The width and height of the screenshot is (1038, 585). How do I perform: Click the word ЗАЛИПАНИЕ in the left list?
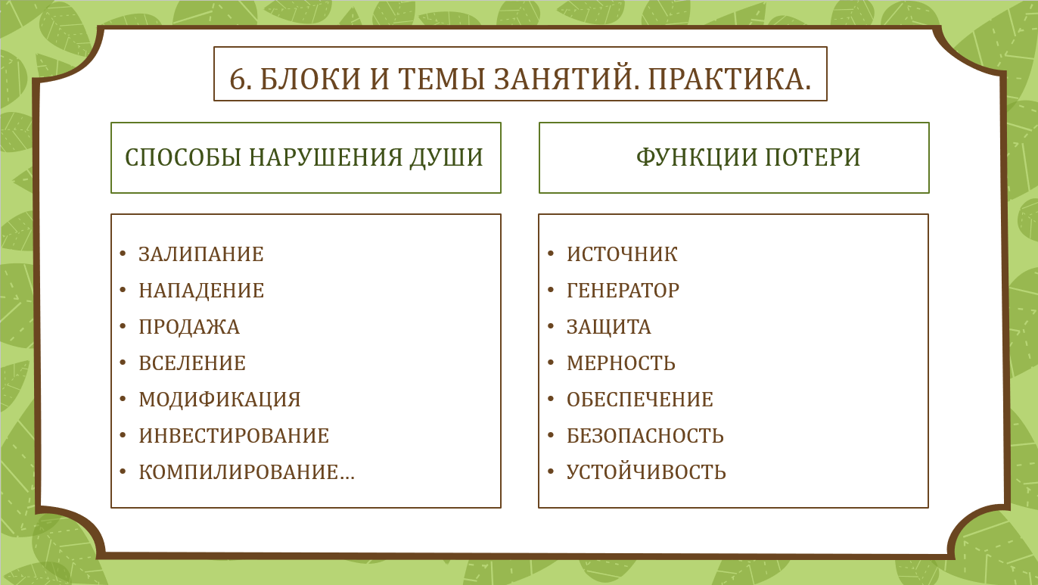pyautogui.click(x=201, y=254)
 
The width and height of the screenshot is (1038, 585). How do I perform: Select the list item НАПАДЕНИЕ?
pyautogui.click(x=201, y=291)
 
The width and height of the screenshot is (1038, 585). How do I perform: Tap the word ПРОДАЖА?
pyautogui.click(x=190, y=327)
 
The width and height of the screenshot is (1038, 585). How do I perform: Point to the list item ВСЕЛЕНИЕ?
pyautogui.click(x=192, y=363)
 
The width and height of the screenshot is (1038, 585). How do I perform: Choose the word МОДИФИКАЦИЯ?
pyautogui.click(x=219, y=400)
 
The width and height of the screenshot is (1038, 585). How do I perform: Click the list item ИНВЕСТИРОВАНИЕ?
pyautogui.click(x=234, y=436)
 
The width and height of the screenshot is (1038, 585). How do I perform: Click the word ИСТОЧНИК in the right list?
pyautogui.click(x=622, y=254)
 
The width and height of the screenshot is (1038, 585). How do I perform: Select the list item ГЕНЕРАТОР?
pyautogui.click(x=623, y=291)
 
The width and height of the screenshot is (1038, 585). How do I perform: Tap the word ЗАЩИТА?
pyautogui.click(x=609, y=327)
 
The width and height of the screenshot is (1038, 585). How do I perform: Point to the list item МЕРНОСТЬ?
pyautogui.click(x=621, y=363)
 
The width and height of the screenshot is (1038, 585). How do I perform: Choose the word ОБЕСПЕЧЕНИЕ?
pyautogui.click(x=640, y=400)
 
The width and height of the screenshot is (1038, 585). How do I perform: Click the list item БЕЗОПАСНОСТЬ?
pyautogui.click(x=645, y=436)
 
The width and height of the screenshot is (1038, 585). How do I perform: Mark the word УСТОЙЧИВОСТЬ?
pyautogui.click(x=646, y=472)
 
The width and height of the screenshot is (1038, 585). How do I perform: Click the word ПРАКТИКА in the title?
pyautogui.click(x=729, y=79)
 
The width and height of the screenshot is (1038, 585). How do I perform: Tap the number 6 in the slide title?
pyautogui.click(x=237, y=79)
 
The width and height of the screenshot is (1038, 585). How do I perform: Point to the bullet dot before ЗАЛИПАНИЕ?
pyautogui.click(x=123, y=253)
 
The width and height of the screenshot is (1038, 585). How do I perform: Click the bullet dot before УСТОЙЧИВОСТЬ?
pyautogui.click(x=551, y=471)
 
